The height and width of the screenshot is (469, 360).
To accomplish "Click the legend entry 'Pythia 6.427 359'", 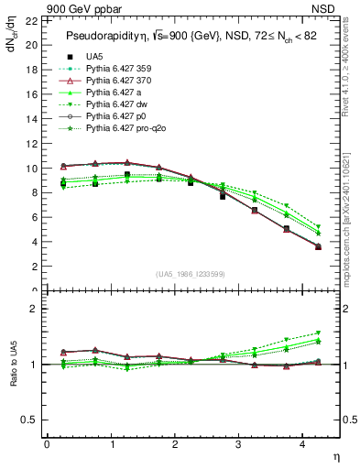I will [x=110, y=69].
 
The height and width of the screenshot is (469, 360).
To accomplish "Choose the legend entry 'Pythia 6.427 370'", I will [x=110, y=81].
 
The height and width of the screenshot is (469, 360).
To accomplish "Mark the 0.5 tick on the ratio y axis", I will [x=30, y=420].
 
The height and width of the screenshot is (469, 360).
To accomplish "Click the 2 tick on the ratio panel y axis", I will [x=35, y=309].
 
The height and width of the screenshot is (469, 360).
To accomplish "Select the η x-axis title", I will [x=335, y=455].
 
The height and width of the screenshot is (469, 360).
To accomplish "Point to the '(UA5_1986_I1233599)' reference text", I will [x=192, y=275].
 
